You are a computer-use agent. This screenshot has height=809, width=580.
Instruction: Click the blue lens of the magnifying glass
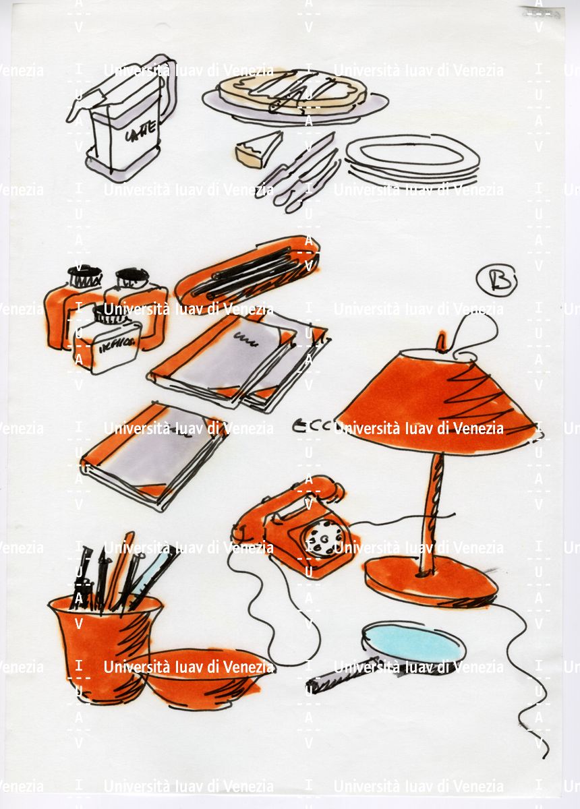pos(413,643)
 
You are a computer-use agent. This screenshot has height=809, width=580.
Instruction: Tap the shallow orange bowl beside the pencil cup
pos(202,678)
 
